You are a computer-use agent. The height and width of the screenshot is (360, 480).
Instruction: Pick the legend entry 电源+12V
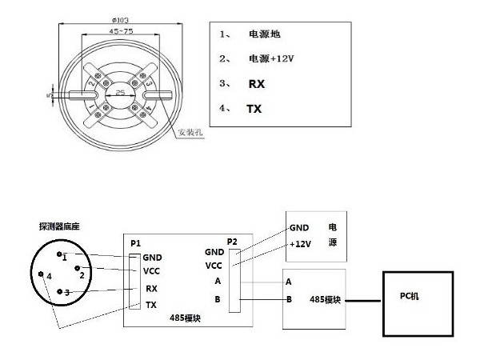(271, 58)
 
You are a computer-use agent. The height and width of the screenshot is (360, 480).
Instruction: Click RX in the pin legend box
(256, 82)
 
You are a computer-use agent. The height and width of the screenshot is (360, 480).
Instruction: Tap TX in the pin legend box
(254, 107)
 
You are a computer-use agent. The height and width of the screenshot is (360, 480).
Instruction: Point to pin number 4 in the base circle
(49, 277)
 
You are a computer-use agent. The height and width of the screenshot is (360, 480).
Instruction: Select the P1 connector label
(135, 242)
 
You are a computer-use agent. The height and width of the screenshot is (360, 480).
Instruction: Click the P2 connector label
(232, 242)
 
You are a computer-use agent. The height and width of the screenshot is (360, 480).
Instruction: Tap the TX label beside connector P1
(151, 305)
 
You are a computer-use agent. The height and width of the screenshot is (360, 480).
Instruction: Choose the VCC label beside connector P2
(214, 265)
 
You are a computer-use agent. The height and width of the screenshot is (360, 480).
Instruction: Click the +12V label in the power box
(300, 243)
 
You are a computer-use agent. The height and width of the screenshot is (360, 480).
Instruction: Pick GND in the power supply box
(299, 227)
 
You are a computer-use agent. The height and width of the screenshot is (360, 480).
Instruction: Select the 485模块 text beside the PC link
(326, 300)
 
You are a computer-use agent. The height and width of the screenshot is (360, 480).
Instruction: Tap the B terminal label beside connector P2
(216, 301)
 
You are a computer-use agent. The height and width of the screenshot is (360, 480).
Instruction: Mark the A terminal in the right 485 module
(288, 282)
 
